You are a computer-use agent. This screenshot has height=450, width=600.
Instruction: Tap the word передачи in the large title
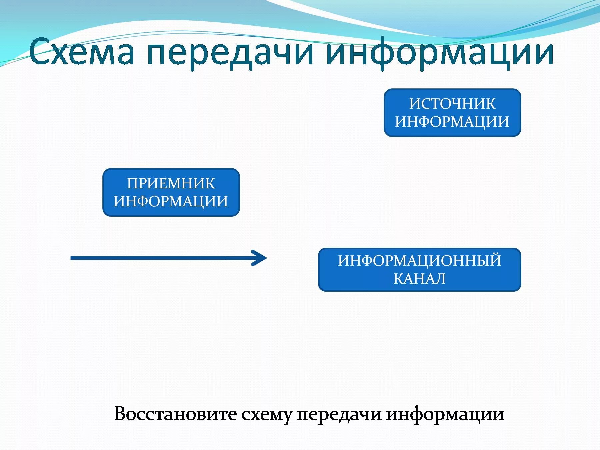pyautogui.click(x=230, y=53)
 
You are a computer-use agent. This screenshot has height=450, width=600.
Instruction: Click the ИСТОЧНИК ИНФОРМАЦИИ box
pyautogui.click(x=452, y=113)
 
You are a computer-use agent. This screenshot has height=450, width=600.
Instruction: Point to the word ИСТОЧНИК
pyautogui.click(x=452, y=104)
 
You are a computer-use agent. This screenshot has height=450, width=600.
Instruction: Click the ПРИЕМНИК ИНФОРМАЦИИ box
pyautogui.click(x=171, y=192)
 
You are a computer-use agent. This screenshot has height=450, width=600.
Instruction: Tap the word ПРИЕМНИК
pyautogui.click(x=171, y=183)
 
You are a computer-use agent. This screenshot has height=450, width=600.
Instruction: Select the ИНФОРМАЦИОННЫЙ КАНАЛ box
pyautogui.click(x=419, y=270)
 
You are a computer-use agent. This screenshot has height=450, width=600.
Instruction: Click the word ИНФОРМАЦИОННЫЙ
pyautogui.click(x=419, y=261)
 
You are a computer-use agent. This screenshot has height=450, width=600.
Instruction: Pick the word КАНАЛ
pyautogui.click(x=419, y=279)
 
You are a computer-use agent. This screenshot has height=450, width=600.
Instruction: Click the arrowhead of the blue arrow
pyautogui.click(x=262, y=258)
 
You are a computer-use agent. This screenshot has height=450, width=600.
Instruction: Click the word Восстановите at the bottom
pyautogui.click(x=175, y=414)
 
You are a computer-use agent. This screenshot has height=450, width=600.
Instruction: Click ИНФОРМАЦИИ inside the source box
pyautogui.click(x=452, y=122)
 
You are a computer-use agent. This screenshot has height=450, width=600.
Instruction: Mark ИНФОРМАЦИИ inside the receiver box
pyautogui.click(x=171, y=201)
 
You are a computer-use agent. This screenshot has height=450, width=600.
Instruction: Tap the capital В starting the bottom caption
pyautogui.click(x=120, y=414)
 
